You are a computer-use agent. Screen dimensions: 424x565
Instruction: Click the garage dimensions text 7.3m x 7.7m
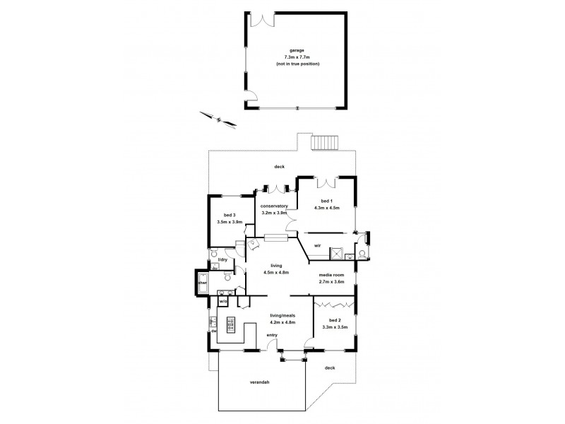pyautogui.click(x=297, y=58)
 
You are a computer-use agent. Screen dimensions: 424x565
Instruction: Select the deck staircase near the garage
pyautogui.click(x=324, y=143)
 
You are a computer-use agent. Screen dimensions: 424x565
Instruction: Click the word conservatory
pyautogui.click(x=274, y=206)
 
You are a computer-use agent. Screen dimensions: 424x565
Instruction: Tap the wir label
pyautogui.click(x=318, y=245)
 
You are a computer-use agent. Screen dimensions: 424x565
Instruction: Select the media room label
pyautogui.click(x=332, y=275)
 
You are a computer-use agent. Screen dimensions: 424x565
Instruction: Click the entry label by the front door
pyautogui.click(x=271, y=335)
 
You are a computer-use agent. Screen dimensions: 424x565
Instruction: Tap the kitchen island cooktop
pyautogui.click(x=230, y=325)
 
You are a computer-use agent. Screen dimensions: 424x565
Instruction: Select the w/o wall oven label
pyautogui.click(x=223, y=302)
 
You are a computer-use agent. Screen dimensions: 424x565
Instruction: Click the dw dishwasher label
pyautogui.click(x=212, y=330)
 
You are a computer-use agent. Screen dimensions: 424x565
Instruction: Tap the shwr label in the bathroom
pyautogui.click(x=201, y=283)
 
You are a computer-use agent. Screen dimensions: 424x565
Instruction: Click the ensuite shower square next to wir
pyautogui.click(x=341, y=253)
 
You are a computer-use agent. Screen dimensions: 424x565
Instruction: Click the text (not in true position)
pyautogui.click(x=297, y=64)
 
